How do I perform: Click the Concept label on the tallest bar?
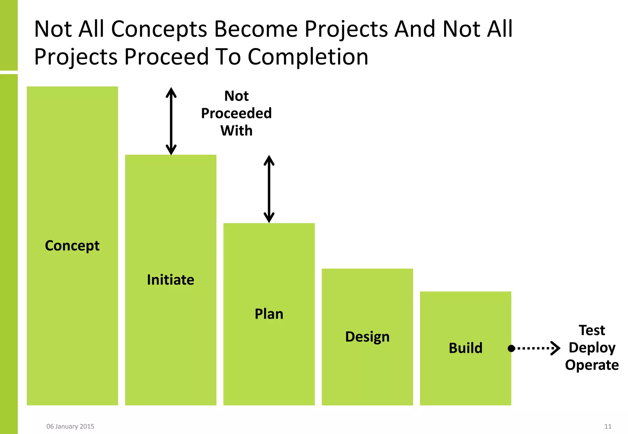coord(72,246)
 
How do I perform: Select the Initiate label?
coord(170,280)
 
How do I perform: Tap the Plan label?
coord(269,314)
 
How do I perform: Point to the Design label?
coord(367,337)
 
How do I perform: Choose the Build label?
coord(465,348)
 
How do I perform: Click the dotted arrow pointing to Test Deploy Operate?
coord(537,348)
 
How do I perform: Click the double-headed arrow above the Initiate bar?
coord(171,121)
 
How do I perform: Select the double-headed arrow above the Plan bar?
coord(269,189)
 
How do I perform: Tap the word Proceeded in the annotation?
coord(236,113)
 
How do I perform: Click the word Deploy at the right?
coord(592,348)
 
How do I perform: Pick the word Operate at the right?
coord(592,365)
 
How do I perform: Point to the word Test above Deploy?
coord(592,331)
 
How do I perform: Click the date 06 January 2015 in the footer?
coord(70,426)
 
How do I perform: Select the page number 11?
coord(608,426)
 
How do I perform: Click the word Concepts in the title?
coord(159,29)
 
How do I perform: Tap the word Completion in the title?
coord(308,57)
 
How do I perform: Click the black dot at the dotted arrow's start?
coord(511,348)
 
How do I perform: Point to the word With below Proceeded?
coord(236,131)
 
